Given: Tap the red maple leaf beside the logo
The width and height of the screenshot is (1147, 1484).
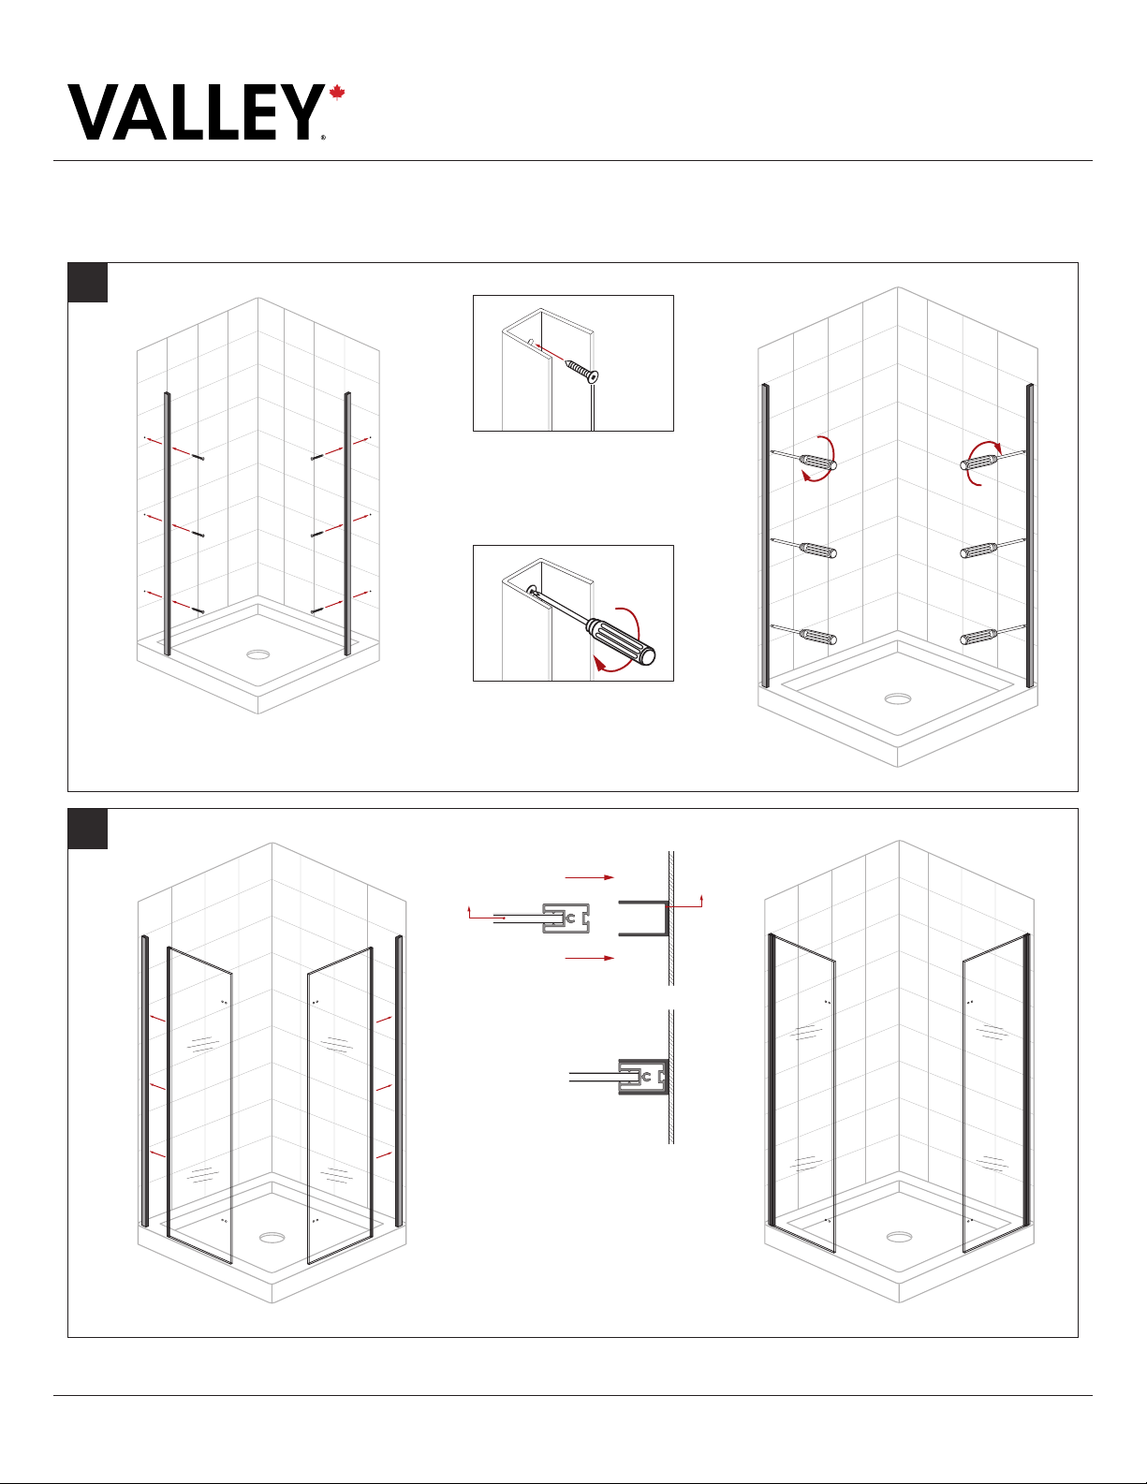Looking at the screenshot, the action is tap(337, 93).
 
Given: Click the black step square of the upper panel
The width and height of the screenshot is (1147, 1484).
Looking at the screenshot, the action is tap(87, 282).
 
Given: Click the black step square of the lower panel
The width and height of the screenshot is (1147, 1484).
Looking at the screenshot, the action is tap(87, 829).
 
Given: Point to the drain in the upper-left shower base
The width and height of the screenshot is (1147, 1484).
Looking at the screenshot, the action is tap(258, 654).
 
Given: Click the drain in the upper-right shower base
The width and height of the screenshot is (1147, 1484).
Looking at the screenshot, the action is tap(898, 698).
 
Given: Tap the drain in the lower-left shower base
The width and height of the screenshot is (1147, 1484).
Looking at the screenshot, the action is tap(272, 1238).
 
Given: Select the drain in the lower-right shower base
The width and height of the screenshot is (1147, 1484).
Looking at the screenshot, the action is tap(899, 1237).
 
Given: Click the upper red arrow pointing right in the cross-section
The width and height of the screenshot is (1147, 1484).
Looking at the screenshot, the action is tap(590, 877).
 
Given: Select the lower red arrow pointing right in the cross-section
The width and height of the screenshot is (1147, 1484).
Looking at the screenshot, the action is tap(590, 958).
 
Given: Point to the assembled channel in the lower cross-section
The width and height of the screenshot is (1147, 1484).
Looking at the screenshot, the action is tap(642, 1077).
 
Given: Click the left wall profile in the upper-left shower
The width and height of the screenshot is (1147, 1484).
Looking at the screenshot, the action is tap(168, 523).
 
